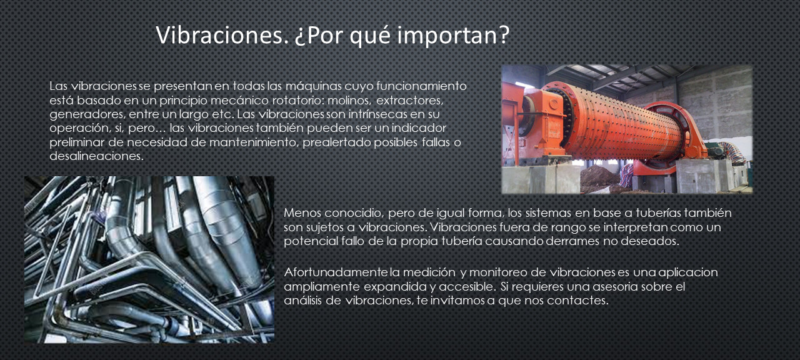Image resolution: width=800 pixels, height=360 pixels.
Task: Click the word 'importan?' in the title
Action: (453, 36)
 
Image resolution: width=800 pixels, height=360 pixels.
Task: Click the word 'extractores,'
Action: (409, 101)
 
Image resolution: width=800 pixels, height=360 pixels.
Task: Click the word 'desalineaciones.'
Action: (96, 156)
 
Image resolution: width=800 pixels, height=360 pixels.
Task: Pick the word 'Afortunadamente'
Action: (336, 272)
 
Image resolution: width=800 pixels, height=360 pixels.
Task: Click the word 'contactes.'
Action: (577, 301)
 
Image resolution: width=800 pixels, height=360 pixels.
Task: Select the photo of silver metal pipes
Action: (149, 259)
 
